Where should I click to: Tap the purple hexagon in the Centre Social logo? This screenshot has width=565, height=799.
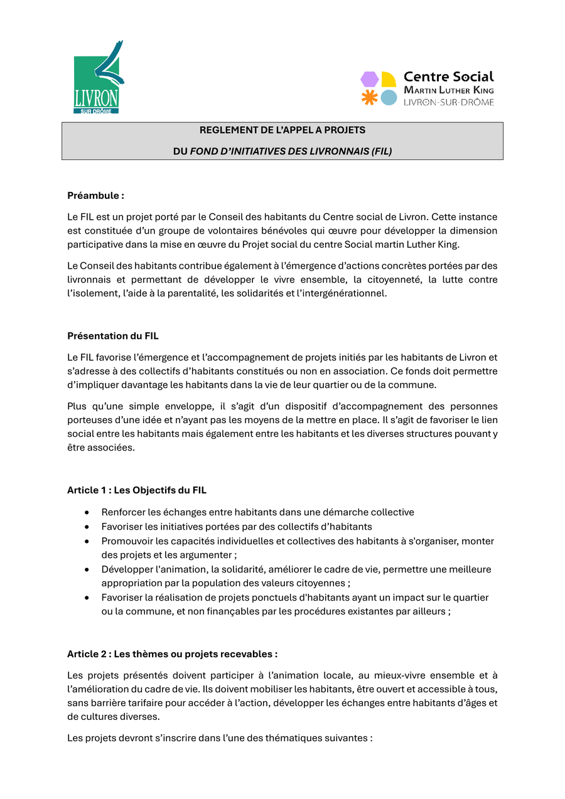pos(369,79)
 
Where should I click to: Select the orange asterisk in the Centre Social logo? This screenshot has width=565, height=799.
pos(369,97)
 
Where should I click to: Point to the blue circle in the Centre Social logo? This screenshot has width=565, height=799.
pos(389,97)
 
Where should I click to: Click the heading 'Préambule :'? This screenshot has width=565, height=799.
pos(95,196)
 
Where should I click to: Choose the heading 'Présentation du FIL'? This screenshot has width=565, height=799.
pos(112,336)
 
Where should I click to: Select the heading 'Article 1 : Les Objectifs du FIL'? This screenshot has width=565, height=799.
pos(137,490)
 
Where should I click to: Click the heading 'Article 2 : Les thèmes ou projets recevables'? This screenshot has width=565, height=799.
pos(172,654)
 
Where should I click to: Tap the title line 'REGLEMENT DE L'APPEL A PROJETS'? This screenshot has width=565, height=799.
pos(282,131)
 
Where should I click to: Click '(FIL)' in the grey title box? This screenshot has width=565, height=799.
pos(382,151)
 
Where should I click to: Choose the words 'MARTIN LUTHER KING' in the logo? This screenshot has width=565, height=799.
pos(448,91)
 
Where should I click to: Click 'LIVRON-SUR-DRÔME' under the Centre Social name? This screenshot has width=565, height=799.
pos(448,102)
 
